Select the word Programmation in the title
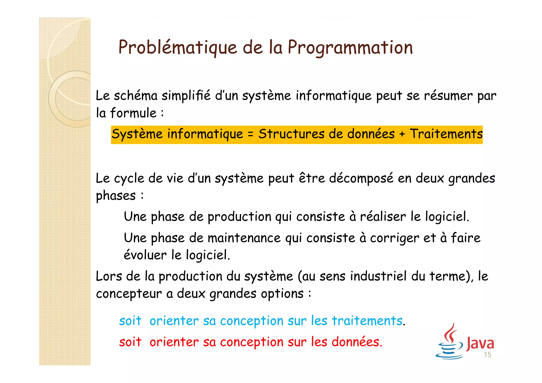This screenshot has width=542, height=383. (x=350, y=48)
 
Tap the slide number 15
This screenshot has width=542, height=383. (x=487, y=355)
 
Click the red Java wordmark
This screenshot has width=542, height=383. (x=480, y=343)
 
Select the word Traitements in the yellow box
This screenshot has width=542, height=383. (x=446, y=134)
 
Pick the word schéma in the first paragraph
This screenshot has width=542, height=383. (x=135, y=96)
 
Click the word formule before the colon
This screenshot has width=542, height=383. (x=133, y=113)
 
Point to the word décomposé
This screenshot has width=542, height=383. (x=361, y=178)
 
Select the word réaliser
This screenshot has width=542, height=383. (x=383, y=217)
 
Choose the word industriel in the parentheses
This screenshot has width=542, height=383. (x=378, y=276)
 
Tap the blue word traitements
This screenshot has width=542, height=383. (x=367, y=321)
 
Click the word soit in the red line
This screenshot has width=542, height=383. (x=130, y=342)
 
